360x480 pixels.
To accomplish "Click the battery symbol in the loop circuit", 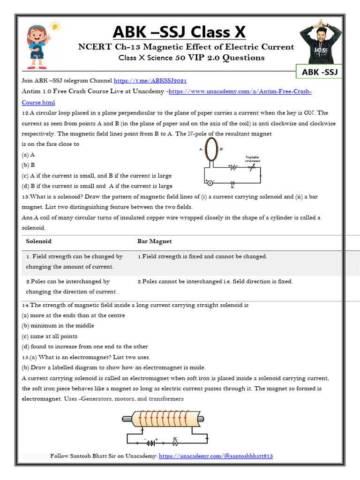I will point(232,167).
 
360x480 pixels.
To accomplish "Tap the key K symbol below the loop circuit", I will point(233,183).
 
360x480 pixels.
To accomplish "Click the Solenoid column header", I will point(39,241).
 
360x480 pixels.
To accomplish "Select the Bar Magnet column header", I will point(154,241).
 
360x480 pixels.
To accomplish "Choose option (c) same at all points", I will point(50,336).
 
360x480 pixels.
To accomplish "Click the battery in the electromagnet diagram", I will point(151,442).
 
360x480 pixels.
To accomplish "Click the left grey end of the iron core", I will point(127,419).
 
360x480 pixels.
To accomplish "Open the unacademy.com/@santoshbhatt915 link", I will point(216,456).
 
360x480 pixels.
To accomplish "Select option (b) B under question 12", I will point(29,165).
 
